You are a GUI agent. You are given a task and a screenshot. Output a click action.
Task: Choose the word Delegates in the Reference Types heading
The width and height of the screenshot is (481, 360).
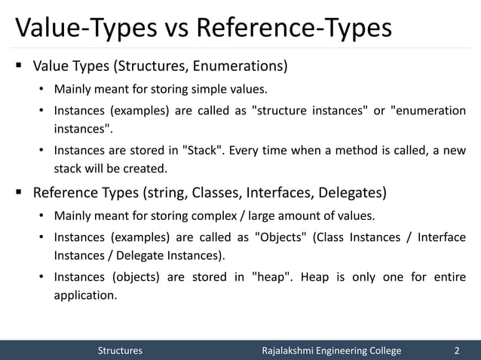pyautogui.click(x=354, y=194)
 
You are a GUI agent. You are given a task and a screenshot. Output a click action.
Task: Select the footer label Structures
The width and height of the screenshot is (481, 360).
pyautogui.click(x=120, y=350)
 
